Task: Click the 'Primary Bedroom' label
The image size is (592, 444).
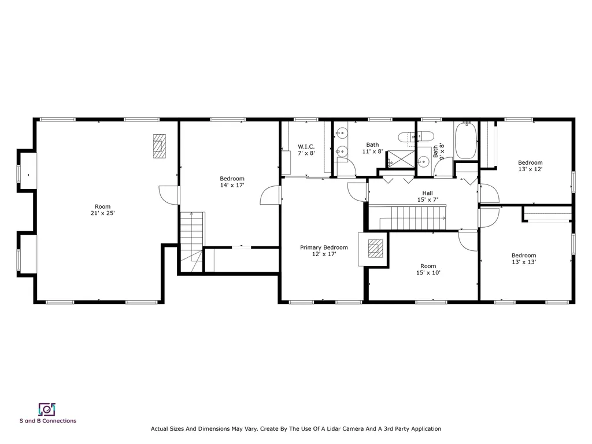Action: [324, 247]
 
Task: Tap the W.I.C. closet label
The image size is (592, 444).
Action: [306, 146]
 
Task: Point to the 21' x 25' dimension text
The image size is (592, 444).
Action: [102, 213]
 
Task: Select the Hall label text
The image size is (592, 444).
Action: [427, 193]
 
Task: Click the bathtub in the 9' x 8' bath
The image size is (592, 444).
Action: [465, 141]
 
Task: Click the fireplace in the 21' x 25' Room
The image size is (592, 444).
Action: [159, 146]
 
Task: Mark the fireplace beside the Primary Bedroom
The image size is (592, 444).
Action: [376, 249]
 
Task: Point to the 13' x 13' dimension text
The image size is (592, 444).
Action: [523, 262]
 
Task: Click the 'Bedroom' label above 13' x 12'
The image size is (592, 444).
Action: [530, 162]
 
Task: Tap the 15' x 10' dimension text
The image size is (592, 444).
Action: [428, 273]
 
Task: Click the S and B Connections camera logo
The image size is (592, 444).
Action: [47, 409]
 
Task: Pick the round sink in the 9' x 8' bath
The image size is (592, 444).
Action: [423, 161]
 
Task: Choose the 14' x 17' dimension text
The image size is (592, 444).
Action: [232, 186]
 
